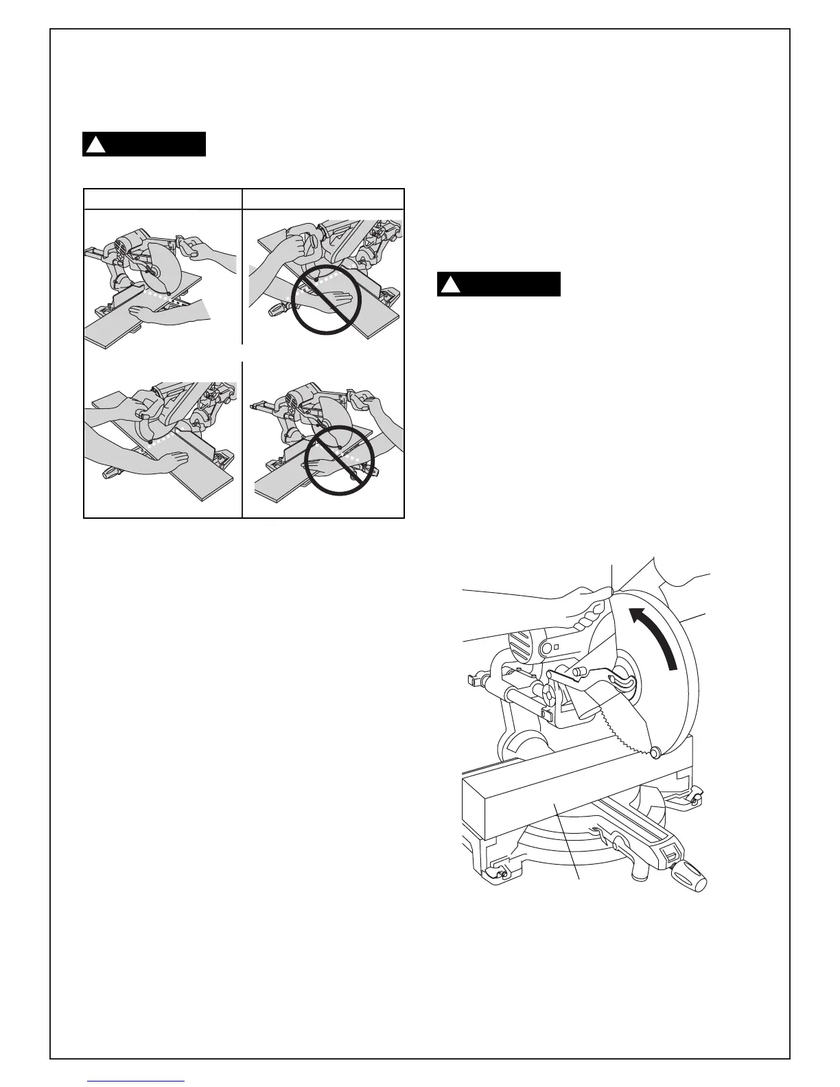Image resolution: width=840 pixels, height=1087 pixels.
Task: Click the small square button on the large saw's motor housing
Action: click(x=557, y=647)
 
